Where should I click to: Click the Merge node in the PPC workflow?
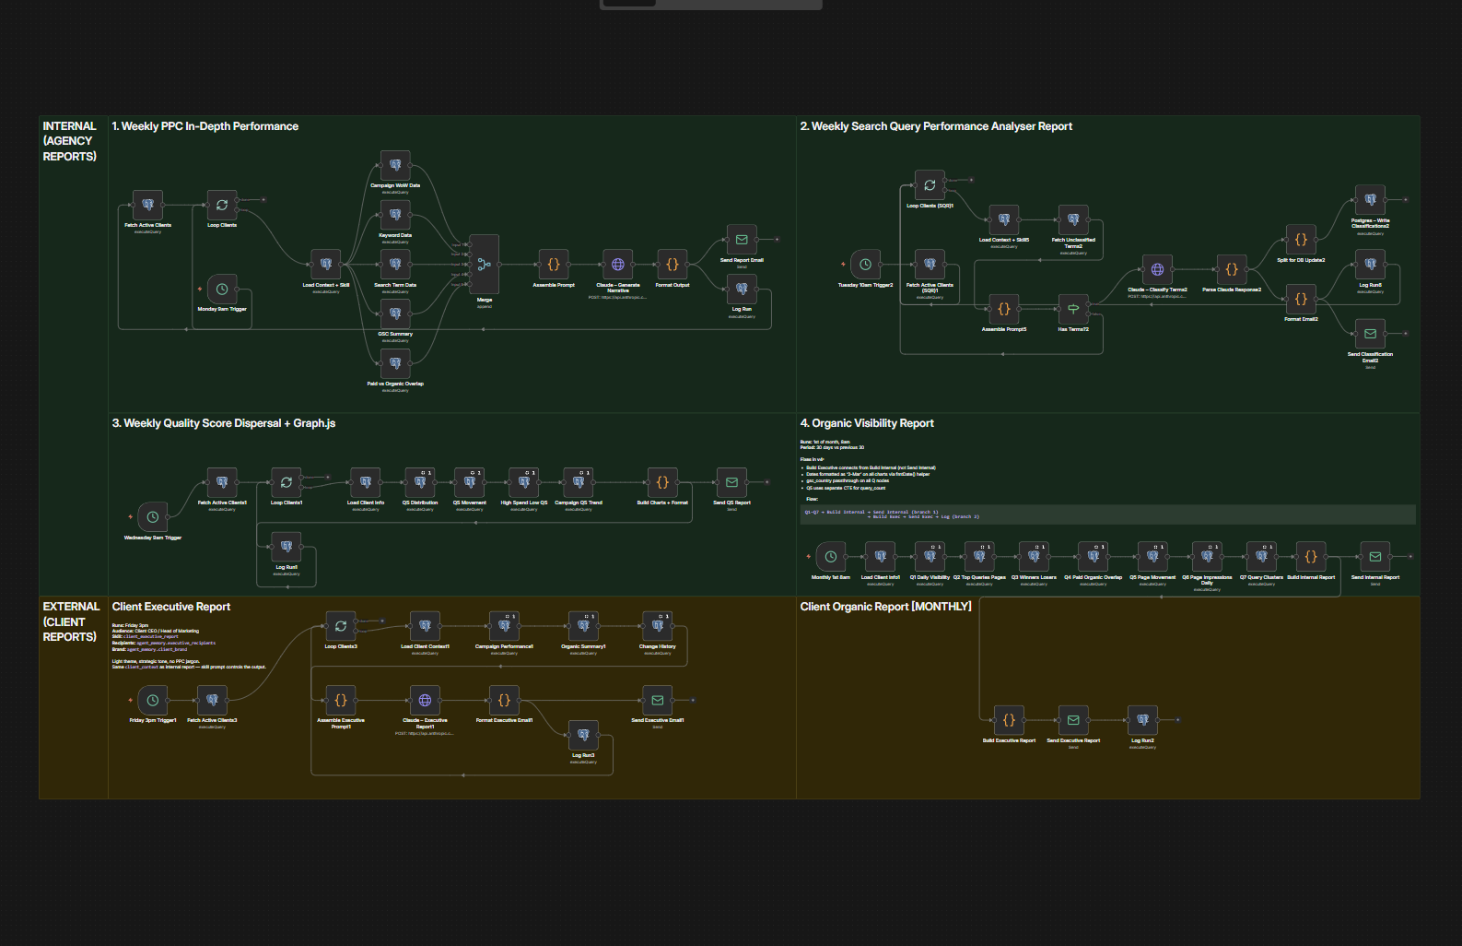(x=485, y=265)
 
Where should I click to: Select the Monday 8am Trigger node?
(x=222, y=290)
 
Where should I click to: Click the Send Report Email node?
(x=742, y=240)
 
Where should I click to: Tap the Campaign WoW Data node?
(x=395, y=165)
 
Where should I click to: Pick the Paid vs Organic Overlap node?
(x=395, y=363)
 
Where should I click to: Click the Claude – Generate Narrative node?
(x=618, y=265)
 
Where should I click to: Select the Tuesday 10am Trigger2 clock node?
(x=865, y=265)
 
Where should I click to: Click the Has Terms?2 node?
(x=1073, y=309)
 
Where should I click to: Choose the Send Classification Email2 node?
(x=1370, y=334)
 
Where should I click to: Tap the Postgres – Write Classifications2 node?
(x=1370, y=200)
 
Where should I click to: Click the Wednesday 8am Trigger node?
(x=153, y=517)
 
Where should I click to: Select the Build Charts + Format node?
(x=662, y=482)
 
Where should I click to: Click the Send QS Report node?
(x=731, y=482)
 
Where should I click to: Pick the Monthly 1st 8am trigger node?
(x=830, y=557)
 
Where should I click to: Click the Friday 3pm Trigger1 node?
(x=153, y=701)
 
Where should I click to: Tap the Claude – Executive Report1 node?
(x=425, y=701)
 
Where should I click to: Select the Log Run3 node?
(x=583, y=735)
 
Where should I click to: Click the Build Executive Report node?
(x=1009, y=720)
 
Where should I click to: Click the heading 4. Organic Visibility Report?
(x=867, y=423)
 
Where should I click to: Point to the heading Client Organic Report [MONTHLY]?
(x=885, y=607)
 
